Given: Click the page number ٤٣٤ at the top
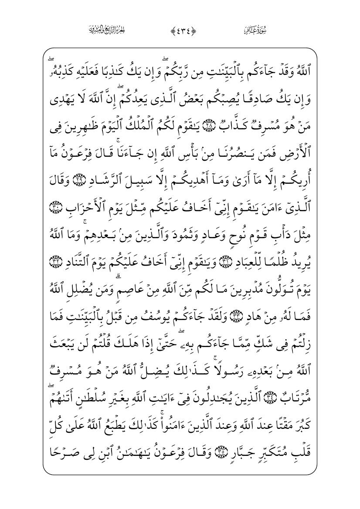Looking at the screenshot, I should (180, 30).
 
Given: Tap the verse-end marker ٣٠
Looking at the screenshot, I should (54, 205).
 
